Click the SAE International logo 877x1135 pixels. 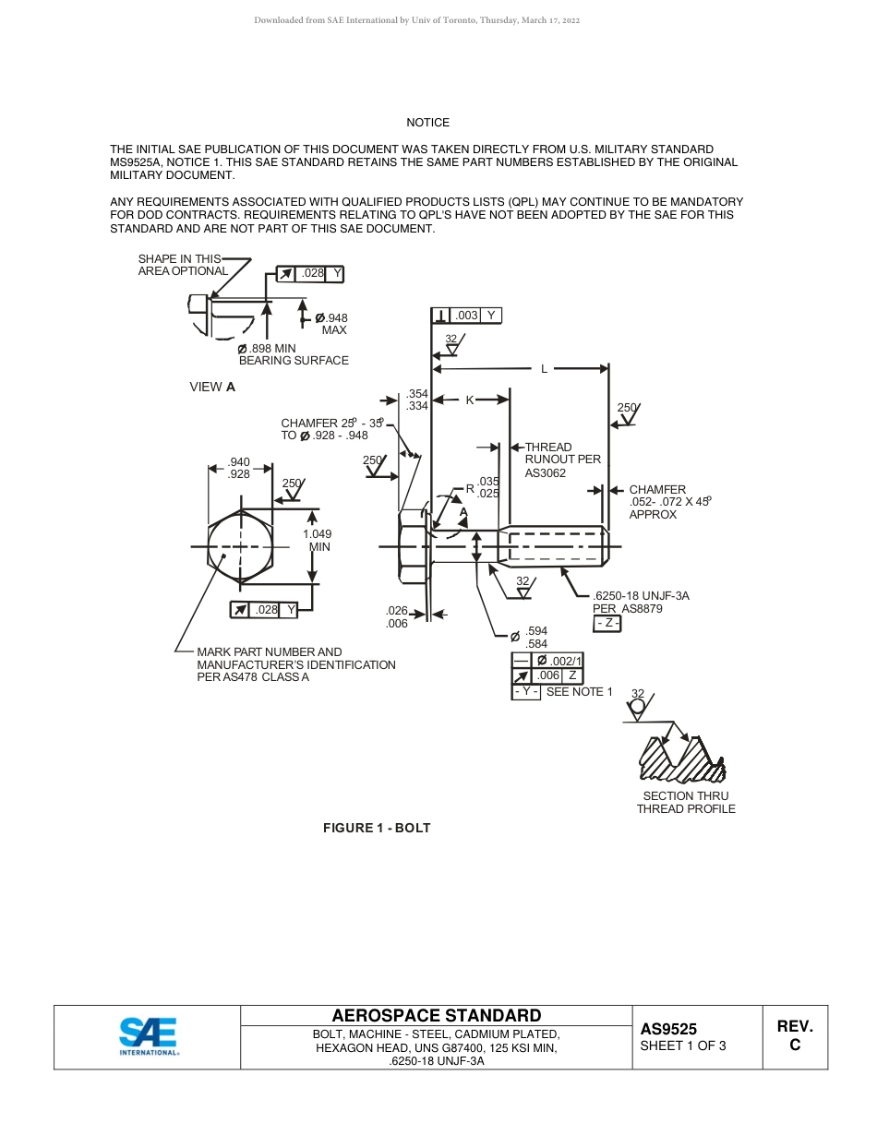[x=148, y=1036]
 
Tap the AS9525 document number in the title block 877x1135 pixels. [x=668, y=1029]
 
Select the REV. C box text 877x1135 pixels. [x=794, y=1035]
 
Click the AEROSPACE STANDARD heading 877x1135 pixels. [x=437, y=1016]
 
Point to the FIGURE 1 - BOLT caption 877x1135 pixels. [x=377, y=828]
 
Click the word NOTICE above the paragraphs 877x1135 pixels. [x=428, y=123]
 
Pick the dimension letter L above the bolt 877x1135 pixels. [x=544, y=369]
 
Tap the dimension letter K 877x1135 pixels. [x=469, y=400]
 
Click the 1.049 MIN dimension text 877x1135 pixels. [x=317, y=540]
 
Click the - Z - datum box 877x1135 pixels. [x=607, y=624]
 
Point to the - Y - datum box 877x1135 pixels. [x=525, y=692]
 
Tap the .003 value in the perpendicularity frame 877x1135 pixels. [x=467, y=316]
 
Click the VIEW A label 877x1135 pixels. [x=212, y=388]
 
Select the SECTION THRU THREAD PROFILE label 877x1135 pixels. [x=686, y=802]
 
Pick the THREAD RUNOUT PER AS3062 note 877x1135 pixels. [x=562, y=460]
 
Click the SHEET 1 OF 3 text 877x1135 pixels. [x=683, y=1045]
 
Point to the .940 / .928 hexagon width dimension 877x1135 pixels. [x=239, y=468]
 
